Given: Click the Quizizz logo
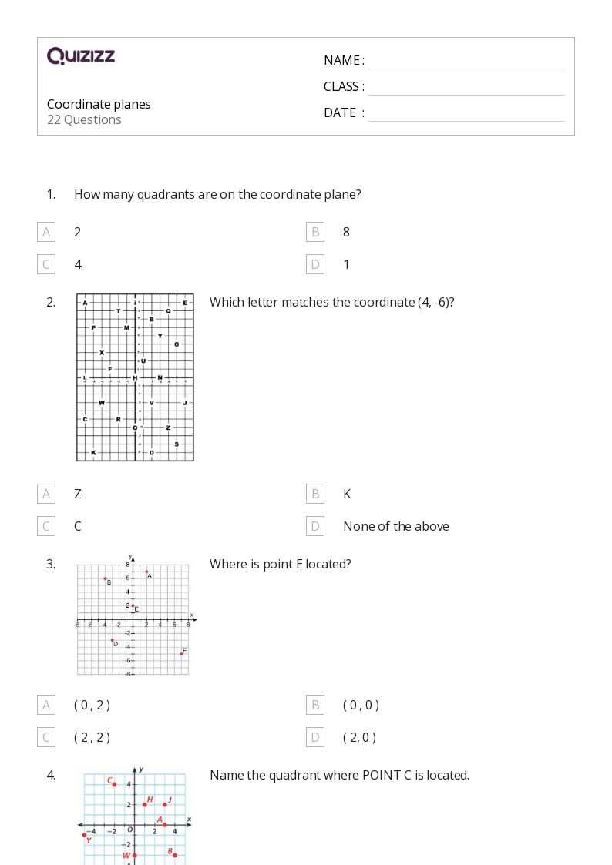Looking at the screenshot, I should [81, 55].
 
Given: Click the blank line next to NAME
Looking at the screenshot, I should [466, 62].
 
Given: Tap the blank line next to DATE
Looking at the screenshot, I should [466, 114].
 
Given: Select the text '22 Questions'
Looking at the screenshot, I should [84, 119].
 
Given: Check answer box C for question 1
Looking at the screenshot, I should [46, 264].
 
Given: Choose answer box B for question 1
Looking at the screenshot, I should [314, 232].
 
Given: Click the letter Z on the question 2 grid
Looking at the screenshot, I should [168, 427].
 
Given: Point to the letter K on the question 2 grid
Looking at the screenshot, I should [93, 452].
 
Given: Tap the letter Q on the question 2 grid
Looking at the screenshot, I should [168, 311].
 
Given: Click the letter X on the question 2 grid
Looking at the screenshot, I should [102, 353].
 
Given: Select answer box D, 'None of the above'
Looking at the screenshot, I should [314, 526].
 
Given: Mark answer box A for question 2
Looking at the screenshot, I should [46, 494].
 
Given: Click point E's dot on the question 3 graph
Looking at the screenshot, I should [133, 606].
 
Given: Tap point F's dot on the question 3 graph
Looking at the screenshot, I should [181, 653].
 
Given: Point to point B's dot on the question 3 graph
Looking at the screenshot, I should [105, 578].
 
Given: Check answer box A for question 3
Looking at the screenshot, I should [46, 705].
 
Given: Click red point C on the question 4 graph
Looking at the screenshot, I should [114, 784].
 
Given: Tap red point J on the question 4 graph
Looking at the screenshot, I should [164, 805].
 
